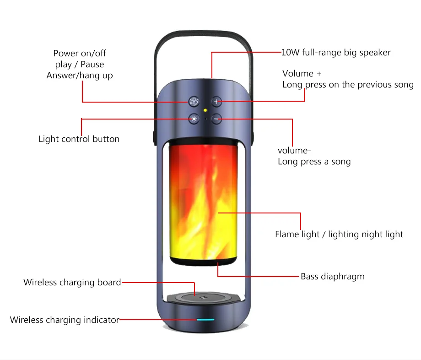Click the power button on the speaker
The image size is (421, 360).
click(x=194, y=102)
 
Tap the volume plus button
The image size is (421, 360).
click(x=216, y=102)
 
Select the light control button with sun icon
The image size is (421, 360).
click(x=194, y=119)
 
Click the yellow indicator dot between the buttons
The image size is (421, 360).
click(x=205, y=110)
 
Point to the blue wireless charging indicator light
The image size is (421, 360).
click(x=205, y=320)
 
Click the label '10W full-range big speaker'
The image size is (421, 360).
click(x=336, y=53)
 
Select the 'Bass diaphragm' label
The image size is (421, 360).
click(x=333, y=277)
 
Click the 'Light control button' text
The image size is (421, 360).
click(x=79, y=139)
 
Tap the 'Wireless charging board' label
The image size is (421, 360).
click(x=72, y=283)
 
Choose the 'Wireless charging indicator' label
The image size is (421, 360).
click(x=65, y=320)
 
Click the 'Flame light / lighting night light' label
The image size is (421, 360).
click(x=339, y=235)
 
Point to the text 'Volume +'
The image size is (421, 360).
click(x=302, y=74)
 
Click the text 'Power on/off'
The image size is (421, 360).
click(x=80, y=54)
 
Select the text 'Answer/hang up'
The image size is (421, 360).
click(x=80, y=76)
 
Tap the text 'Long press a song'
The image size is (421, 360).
click(x=314, y=162)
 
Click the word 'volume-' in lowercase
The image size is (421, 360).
click(x=294, y=151)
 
